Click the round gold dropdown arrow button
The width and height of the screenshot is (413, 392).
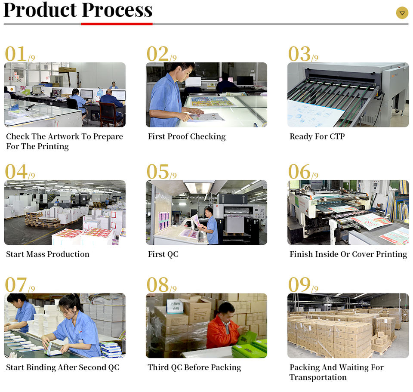pos(402,13)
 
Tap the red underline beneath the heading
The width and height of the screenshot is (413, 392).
pos(117,23)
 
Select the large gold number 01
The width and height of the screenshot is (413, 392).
pos(16,54)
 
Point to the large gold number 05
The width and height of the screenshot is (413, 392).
pos(158,172)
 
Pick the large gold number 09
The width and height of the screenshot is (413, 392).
pos(299,284)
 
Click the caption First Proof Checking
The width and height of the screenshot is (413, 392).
pos(187,136)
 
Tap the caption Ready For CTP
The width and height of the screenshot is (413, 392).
pos(317,136)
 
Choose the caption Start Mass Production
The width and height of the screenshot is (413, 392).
pos(48,254)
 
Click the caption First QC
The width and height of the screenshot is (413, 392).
pos(163,254)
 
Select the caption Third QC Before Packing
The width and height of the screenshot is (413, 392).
pos(194,367)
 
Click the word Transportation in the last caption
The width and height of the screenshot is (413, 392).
pos(318,377)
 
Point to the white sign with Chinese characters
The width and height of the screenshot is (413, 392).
pos(175,306)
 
